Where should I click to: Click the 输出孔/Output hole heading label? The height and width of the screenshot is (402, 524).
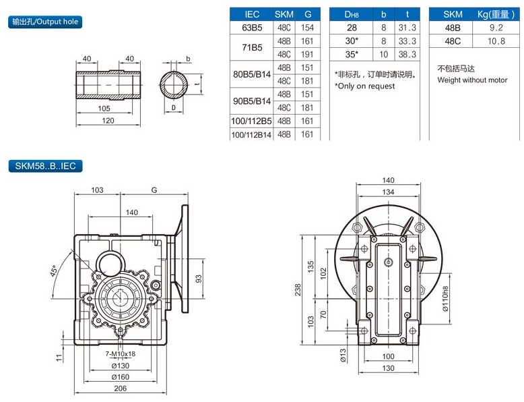click(x=45, y=22)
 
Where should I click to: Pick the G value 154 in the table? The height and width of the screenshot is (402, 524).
click(x=308, y=28)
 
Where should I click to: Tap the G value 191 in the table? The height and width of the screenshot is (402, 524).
click(x=308, y=54)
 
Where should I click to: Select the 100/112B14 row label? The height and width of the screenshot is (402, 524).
click(x=251, y=134)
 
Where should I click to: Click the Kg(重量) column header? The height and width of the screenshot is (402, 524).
click(x=482, y=14)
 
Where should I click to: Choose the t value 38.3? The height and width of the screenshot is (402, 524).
click(x=407, y=54)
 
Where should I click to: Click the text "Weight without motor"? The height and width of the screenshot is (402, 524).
click(x=472, y=80)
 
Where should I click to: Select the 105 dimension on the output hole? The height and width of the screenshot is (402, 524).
click(x=104, y=108)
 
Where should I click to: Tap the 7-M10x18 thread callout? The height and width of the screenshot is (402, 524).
click(x=121, y=354)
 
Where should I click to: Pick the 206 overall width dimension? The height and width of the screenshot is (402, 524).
click(x=121, y=390)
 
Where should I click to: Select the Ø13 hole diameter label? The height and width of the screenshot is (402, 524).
click(x=343, y=355)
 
